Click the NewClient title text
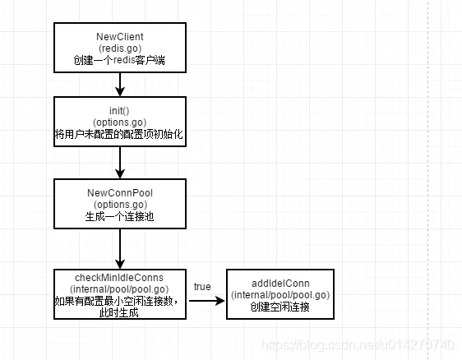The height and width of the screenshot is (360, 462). [120, 36]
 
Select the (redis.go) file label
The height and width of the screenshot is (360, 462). [120, 48]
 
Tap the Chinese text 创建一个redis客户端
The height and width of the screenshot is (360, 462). [119, 60]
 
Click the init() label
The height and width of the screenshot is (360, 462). [119, 111]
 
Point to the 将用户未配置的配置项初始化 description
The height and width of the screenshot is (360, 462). [119, 134]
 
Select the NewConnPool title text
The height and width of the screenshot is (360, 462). [120, 193]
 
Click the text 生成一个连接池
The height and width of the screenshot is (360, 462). [120, 216]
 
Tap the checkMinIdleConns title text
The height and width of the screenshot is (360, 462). [119, 278]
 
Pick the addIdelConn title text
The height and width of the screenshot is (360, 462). [280, 284]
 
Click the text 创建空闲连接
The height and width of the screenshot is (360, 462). [280, 307]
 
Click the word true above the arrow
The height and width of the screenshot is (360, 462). [202, 287]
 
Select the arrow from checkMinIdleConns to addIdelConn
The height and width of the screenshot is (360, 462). [207, 301]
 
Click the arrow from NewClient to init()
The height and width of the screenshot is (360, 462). [120, 85]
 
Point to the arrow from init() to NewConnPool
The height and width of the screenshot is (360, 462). [120, 163]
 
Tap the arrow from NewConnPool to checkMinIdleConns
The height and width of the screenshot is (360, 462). [120, 249]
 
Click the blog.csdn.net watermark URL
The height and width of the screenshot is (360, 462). [358, 345]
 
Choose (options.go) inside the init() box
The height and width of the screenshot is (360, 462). [120, 122]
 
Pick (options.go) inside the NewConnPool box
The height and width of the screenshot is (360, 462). [120, 205]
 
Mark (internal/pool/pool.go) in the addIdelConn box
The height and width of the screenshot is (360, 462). [280, 295]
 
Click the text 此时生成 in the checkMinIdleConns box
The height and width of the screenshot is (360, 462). [118, 312]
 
